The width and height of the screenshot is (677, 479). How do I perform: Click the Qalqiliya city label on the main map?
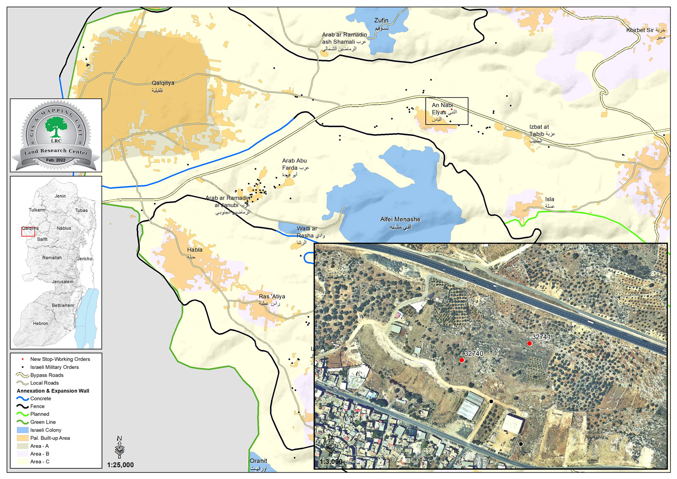163,83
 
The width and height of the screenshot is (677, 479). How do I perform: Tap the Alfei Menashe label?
400,220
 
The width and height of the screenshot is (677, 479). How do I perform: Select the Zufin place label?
381,20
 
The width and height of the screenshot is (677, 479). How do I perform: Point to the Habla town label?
195,250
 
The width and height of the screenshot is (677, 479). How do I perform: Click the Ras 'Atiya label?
272,297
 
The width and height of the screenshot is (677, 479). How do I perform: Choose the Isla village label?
550,199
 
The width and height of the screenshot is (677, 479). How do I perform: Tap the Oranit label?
258,461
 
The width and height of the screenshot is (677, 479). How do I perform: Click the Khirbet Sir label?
640,30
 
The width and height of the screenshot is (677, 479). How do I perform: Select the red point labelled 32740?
462,360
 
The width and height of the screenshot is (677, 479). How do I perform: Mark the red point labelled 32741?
529,344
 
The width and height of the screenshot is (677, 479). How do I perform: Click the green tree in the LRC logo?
56,127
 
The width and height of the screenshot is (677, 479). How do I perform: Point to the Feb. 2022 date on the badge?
56,160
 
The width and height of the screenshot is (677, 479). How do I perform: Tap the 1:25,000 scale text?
120,465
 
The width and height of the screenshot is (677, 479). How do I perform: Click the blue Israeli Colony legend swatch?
22,430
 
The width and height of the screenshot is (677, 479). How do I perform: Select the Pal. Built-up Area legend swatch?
22,438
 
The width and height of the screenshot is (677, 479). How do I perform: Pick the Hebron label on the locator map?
41,324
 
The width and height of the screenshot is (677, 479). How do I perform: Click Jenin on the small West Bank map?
60,196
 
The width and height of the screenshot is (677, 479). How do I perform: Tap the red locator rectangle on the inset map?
28,231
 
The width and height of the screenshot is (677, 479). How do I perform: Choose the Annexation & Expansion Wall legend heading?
53,391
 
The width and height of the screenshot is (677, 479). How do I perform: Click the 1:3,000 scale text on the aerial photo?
331,462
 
